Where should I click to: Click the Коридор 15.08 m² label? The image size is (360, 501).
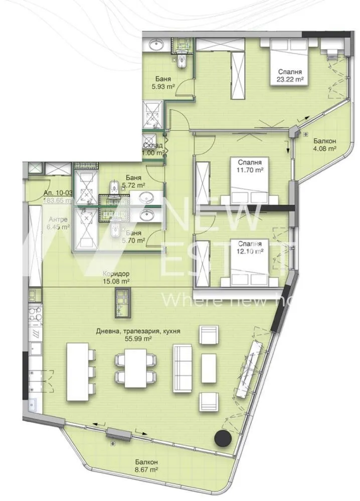click(x=116, y=278)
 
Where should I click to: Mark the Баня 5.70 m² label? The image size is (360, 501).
click(x=133, y=236)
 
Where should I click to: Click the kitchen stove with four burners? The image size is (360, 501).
click(x=35, y=315)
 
